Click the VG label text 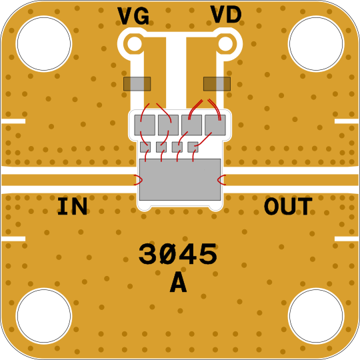[x=133, y=16]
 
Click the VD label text [x=226, y=15]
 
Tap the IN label [x=72, y=206]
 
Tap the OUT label [x=288, y=206]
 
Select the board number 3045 [x=178, y=254]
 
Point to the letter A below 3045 [x=179, y=283]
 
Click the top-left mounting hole [x=44, y=43]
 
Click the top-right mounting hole [x=316, y=43]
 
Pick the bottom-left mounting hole [x=44, y=316]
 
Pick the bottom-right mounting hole [x=316, y=316]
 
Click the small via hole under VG [x=135, y=43]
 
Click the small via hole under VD [x=225, y=43]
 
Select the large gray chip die [x=180, y=179]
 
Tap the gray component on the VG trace [x=137, y=84]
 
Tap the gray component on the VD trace [x=217, y=84]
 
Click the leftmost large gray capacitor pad [x=145, y=125]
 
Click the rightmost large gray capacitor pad [x=215, y=125]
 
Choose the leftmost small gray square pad [x=145, y=147]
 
